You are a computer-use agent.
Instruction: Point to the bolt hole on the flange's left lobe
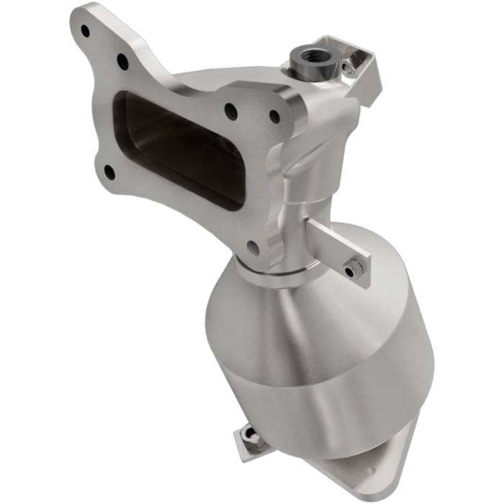pyautogui.click(x=108, y=171)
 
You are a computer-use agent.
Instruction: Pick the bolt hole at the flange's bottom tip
pyautogui.click(x=253, y=248)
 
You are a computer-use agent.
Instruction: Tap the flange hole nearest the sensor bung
pyautogui.click(x=274, y=115)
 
